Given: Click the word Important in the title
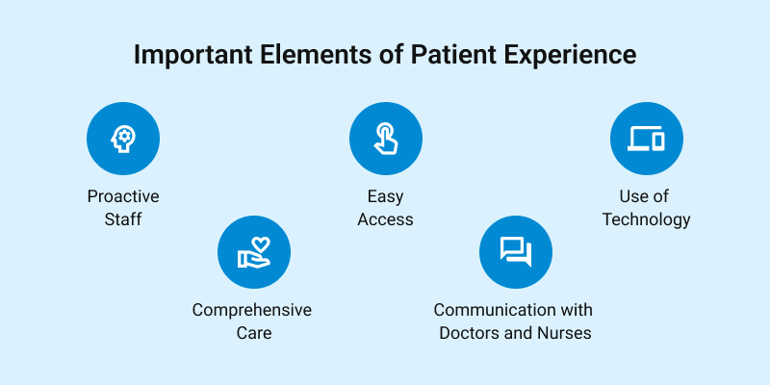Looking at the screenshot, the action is [193, 55].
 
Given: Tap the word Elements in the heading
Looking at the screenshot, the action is [316, 54].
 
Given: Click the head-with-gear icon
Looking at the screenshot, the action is [123, 139].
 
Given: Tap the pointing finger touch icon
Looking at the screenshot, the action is [386, 139].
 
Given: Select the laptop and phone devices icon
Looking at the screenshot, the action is [646, 139].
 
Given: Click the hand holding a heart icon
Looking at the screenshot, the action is [254, 252].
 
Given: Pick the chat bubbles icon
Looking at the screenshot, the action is [516, 252].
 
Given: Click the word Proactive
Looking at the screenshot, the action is [123, 196].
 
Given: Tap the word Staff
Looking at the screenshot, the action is [123, 219].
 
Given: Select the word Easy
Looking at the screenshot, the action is [386, 197].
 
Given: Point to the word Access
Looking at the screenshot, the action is [386, 219].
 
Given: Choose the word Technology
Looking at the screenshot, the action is [646, 219].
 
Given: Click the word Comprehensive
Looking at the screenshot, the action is [252, 310].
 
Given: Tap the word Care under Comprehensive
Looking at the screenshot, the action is [254, 333].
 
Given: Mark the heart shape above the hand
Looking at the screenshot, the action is [261, 244].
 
